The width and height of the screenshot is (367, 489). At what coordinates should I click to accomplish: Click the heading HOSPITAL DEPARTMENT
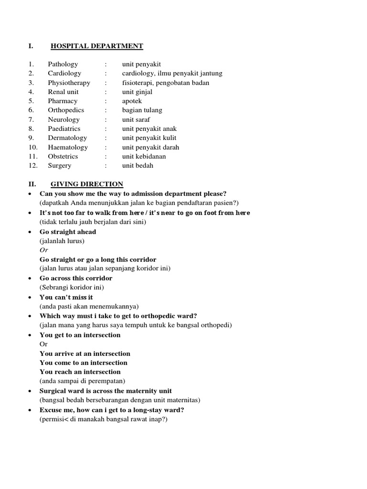pos(97,46)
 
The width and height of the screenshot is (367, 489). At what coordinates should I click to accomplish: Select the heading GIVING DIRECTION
pos(86,184)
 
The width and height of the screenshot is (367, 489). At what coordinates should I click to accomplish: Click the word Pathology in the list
pos(63,64)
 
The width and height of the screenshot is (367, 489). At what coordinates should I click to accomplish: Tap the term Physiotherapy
pos(69,83)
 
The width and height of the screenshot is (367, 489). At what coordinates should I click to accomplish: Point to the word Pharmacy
pos(62,101)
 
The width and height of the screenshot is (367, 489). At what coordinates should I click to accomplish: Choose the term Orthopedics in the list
pos(65,110)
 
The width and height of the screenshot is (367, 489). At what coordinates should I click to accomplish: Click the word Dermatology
pos(67,138)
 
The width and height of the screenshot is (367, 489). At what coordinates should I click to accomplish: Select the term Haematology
pos(68,147)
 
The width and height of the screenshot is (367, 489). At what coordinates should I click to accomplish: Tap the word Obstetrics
pos(63,156)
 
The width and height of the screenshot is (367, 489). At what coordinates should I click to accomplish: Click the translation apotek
pos(132,101)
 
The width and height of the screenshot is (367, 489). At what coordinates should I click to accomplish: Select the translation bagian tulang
pos(142,110)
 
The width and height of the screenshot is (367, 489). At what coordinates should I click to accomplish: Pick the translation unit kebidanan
pos(144,156)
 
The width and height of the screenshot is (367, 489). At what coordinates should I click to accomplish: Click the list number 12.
pos(32,165)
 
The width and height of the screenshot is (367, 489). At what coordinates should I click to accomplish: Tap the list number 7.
pos(31,119)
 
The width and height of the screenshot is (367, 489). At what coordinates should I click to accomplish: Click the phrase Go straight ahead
pos(68,232)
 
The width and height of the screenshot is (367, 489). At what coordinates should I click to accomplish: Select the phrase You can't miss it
pos(66,297)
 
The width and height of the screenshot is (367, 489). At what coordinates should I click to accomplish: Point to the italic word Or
pos(44,250)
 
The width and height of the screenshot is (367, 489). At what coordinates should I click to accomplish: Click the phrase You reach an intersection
pos(80,372)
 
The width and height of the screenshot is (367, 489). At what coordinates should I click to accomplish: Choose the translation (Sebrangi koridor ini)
pos(72,287)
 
